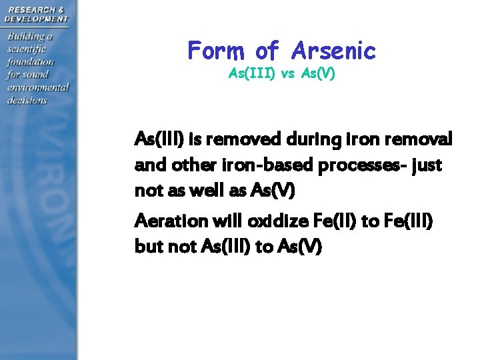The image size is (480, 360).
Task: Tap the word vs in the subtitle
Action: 287,73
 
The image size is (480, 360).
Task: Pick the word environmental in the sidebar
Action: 38,87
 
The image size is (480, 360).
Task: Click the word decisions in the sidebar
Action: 27,100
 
